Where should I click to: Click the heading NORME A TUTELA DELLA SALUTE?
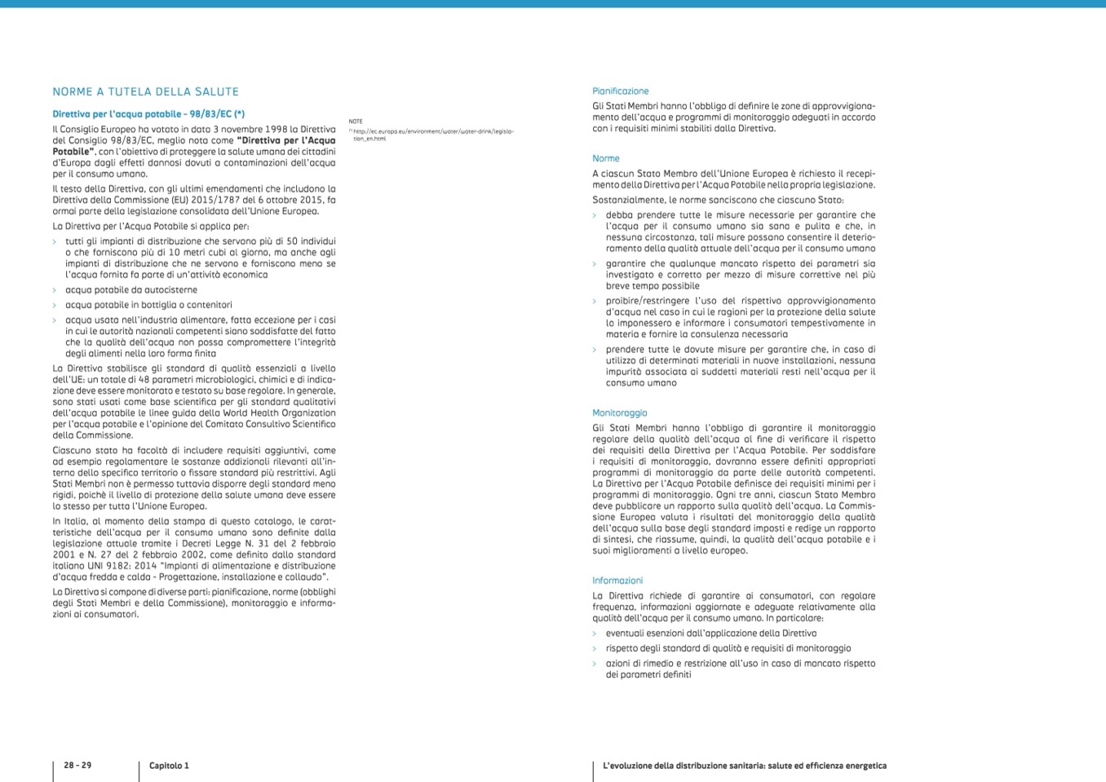tap(145, 92)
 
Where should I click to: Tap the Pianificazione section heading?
tap(621, 91)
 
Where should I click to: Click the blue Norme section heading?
tap(606, 159)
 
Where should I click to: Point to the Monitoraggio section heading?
tap(620, 413)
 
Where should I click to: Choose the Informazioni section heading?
tap(617, 581)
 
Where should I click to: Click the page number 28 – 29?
tap(77, 766)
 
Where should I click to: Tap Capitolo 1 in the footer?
tap(169, 766)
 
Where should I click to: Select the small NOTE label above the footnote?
tap(356, 121)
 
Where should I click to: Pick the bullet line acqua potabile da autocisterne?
tap(131, 290)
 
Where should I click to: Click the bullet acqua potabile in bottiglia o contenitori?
tap(148, 305)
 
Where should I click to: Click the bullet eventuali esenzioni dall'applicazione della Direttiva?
tap(710, 634)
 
